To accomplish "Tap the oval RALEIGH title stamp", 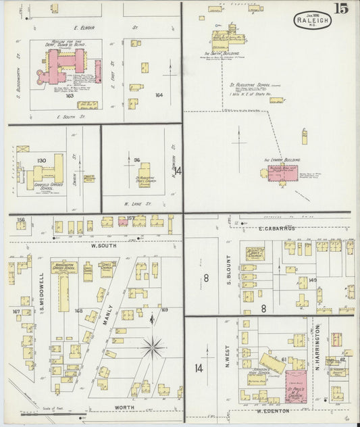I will (x=311, y=21).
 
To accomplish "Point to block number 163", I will (x=69, y=96).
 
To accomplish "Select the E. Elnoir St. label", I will (x=87, y=28).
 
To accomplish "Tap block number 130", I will (x=41, y=161).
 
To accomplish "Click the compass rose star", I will (x=154, y=347).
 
